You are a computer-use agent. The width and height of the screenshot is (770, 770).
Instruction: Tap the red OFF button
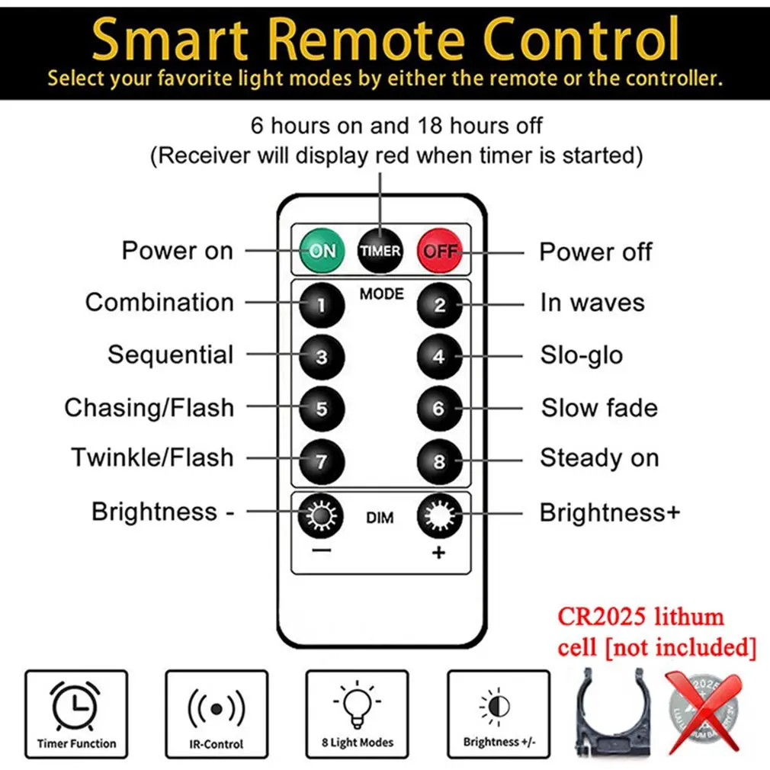[440, 251]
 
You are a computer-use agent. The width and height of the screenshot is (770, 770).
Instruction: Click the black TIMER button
[380, 251]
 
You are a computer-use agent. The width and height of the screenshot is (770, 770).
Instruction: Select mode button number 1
[321, 305]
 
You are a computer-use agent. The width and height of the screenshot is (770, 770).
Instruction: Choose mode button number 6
[439, 408]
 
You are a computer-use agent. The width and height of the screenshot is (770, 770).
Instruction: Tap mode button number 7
[321, 461]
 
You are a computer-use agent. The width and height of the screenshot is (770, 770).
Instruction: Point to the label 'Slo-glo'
[581, 355]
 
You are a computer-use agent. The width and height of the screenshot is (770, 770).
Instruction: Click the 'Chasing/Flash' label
[149, 408]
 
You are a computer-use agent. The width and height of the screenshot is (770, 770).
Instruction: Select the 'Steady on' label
[599, 458]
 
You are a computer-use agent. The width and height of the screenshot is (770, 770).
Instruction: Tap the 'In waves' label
[592, 303]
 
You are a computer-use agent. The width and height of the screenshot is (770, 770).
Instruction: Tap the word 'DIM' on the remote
[380, 518]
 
